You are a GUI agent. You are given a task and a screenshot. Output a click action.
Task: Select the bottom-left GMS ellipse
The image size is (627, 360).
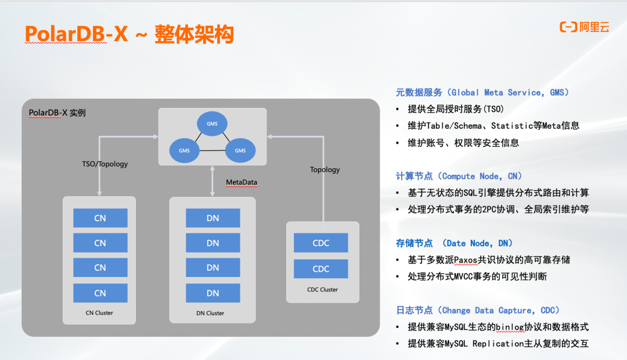coord(184,150)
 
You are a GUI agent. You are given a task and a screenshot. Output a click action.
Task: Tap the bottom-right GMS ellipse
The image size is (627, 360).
coord(240,150)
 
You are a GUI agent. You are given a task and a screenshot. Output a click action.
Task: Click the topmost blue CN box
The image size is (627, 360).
coord(100,218)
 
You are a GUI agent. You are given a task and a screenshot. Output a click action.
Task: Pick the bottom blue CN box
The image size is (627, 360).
coord(100,293)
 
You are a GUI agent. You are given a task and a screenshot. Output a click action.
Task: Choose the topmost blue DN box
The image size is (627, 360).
coord(212,218)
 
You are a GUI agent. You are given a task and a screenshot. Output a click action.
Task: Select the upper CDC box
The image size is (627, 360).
coord(321,243)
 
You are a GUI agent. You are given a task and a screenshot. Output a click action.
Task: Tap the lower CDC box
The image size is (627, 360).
coord(321,269)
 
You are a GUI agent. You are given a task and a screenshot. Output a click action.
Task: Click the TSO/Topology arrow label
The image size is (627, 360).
coord(105,164)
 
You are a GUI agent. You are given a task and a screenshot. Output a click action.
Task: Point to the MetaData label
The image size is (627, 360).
coord(242,182)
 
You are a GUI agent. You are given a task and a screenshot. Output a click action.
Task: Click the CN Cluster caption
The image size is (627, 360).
coord(99,313)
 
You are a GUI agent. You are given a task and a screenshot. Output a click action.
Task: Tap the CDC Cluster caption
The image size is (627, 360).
coord(323,289)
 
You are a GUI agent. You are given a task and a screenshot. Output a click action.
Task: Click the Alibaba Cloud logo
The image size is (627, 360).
coord(584,27)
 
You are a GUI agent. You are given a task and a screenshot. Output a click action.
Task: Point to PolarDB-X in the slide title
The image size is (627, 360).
coord(76,35)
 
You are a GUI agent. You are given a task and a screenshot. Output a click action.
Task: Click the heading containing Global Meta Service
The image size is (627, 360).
coord(482,92)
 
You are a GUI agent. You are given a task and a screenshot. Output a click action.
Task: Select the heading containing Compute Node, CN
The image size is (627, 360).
coord(459,176)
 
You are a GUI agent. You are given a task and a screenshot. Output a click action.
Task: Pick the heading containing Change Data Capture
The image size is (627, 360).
coord(478,310)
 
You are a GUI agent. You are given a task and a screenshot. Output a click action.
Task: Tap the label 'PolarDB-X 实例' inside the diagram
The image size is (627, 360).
coord(57,112)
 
